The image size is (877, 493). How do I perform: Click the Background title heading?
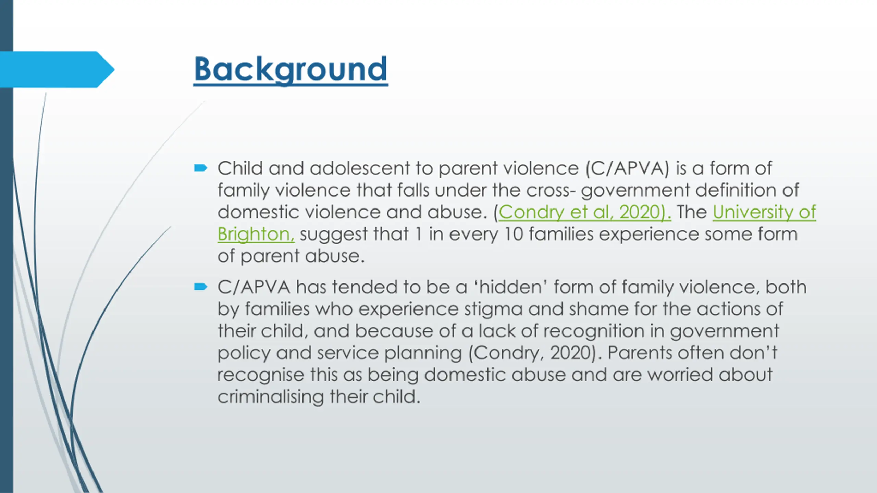[x=291, y=70]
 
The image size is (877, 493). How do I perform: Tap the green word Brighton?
[x=256, y=235]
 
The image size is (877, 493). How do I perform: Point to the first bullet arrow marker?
[x=200, y=168]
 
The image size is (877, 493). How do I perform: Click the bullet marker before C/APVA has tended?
[x=200, y=287]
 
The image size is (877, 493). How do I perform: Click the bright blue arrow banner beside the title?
[x=57, y=69]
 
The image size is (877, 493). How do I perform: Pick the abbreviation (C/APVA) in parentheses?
[x=627, y=168]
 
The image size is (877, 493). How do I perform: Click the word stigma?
[x=493, y=309]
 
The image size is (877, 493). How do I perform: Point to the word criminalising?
[x=271, y=397]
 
